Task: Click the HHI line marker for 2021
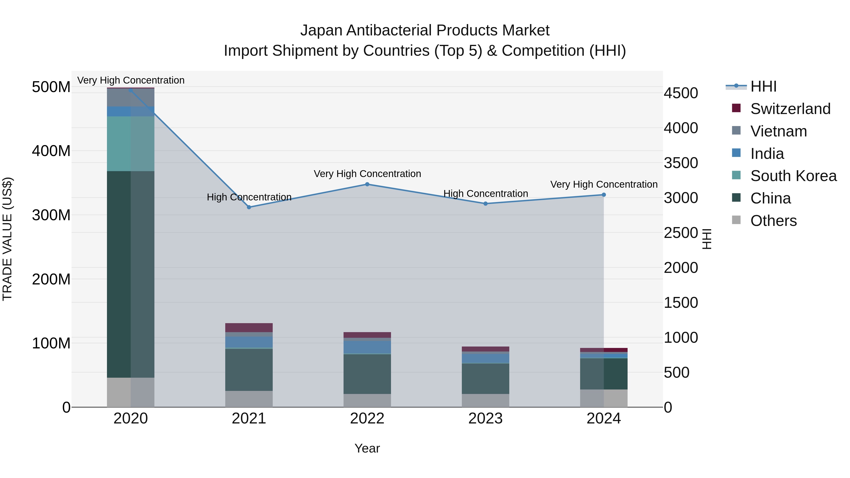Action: pyautogui.click(x=249, y=207)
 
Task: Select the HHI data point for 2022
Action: pyautogui.click(x=367, y=184)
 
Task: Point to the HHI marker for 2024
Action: pyautogui.click(x=604, y=195)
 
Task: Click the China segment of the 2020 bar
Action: pyautogui.click(x=131, y=274)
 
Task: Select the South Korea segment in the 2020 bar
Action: pyautogui.click(x=131, y=144)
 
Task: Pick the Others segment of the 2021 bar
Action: pyautogui.click(x=249, y=399)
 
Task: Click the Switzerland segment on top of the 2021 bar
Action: pyautogui.click(x=249, y=328)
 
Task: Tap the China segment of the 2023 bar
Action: pyautogui.click(x=485, y=378)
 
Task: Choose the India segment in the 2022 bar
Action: pyautogui.click(x=367, y=347)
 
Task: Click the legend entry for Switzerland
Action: pyautogui.click(x=790, y=109)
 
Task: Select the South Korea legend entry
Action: pyautogui.click(x=793, y=176)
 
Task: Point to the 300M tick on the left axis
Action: pyautogui.click(x=51, y=215)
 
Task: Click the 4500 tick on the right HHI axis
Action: pyautogui.click(x=681, y=93)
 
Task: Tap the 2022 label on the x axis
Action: pyautogui.click(x=367, y=419)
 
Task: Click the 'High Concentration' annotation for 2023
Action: pyautogui.click(x=485, y=194)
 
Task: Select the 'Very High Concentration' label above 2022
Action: pyautogui.click(x=367, y=174)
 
